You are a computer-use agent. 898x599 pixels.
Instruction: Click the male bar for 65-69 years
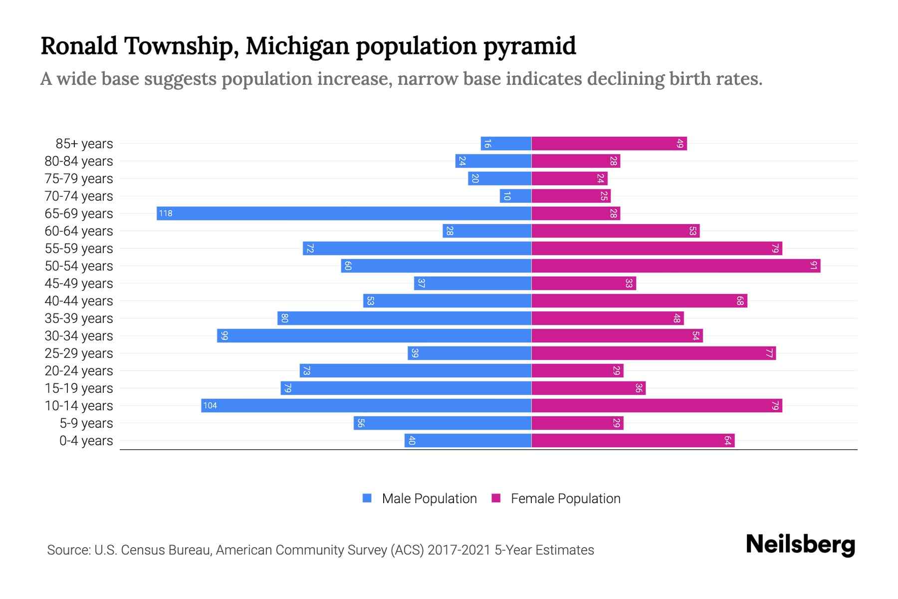click(x=344, y=214)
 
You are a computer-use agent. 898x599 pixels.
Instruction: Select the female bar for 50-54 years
click(x=675, y=266)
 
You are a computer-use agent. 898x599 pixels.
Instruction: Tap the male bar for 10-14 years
click(x=366, y=406)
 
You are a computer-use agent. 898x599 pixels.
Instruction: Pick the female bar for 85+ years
click(x=609, y=144)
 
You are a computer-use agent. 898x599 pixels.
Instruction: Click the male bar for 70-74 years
click(x=515, y=196)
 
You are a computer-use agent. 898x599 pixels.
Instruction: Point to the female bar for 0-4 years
click(x=633, y=441)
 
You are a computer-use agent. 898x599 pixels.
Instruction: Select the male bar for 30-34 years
click(x=374, y=336)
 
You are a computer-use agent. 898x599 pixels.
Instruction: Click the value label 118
click(x=166, y=214)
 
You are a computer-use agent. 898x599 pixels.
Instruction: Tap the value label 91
click(x=813, y=266)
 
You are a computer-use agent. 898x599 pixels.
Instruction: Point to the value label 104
click(x=210, y=406)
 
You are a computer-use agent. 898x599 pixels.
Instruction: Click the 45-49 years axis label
click(x=79, y=284)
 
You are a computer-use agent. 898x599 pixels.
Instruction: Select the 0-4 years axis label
click(x=86, y=441)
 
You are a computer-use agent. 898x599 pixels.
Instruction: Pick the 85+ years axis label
click(x=84, y=144)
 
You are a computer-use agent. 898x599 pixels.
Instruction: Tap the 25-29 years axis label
click(x=79, y=353)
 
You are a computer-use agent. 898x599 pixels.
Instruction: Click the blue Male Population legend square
click(x=367, y=498)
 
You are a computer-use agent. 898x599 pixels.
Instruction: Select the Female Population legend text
click(x=565, y=499)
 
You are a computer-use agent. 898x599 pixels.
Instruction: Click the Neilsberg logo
click(x=800, y=545)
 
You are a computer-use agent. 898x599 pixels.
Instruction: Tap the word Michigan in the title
click(x=297, y=46)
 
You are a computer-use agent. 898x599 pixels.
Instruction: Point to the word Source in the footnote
click(x=68, y=550)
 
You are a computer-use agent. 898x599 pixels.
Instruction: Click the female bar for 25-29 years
click(x=654, y=353)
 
